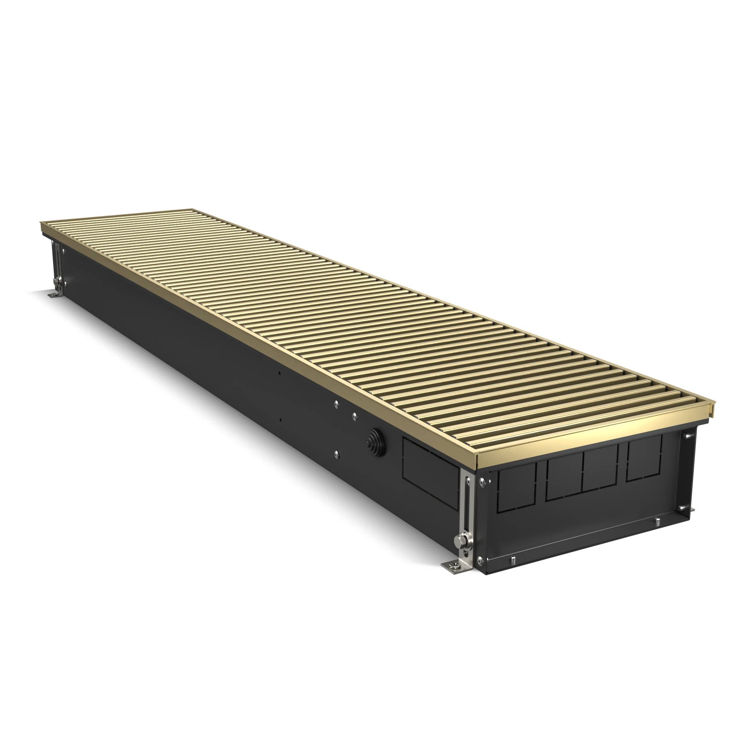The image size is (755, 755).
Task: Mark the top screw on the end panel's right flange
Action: pos(687,434)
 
